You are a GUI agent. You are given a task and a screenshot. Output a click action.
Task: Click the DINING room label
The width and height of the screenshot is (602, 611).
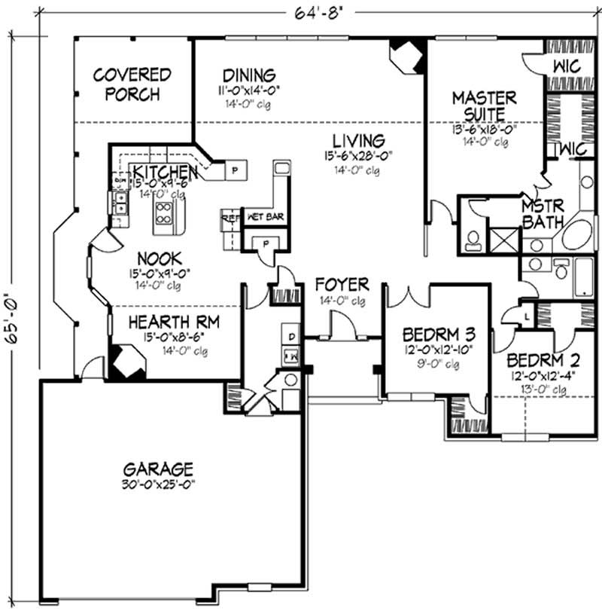249,75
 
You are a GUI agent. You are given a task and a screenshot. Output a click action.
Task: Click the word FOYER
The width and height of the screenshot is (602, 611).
342,285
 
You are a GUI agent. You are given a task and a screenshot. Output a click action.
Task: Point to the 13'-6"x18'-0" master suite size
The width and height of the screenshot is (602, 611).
484,129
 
